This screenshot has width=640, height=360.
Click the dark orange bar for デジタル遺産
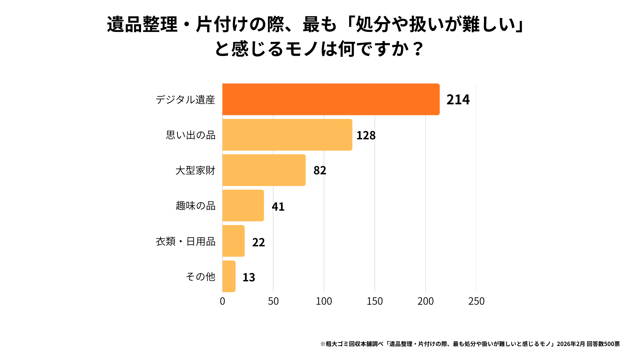point(331,99)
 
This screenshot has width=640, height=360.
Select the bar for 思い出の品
point(287,135)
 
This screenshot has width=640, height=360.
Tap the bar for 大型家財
point(264,170)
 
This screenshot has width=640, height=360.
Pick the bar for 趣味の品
point(243,205)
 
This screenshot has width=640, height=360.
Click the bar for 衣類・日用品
point(233,241)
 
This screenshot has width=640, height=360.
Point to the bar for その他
point(229,276)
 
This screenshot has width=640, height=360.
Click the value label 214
point(458,100)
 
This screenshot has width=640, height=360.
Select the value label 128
point(366,135)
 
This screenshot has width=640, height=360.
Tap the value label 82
point(320,170)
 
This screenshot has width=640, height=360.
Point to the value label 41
point(278,207)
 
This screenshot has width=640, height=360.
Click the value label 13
point(249,277)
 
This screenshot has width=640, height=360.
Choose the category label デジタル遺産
point(185,100)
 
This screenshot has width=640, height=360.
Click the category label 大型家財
point(195,170)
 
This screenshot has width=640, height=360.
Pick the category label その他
point(200,276)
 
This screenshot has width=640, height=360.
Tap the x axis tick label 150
point(375,301)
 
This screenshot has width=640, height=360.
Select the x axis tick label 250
point(476,301)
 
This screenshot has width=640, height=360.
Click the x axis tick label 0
point(222,301)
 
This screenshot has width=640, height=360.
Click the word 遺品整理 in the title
point(142,25)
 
